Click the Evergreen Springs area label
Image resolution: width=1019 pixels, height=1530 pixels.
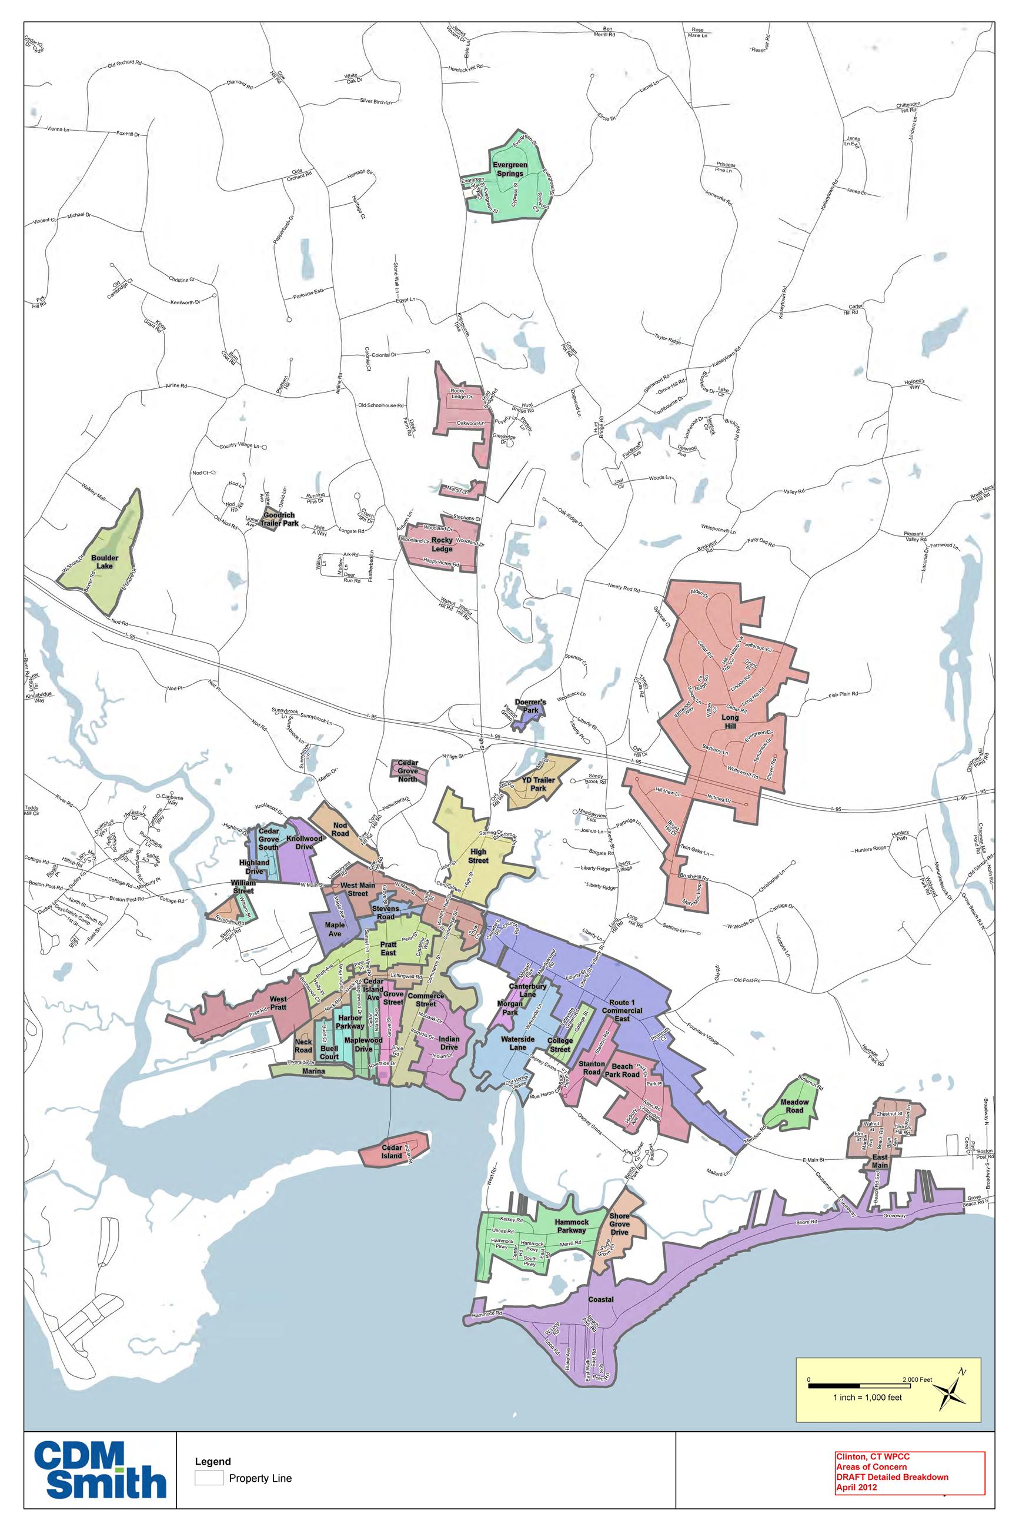(509, 169)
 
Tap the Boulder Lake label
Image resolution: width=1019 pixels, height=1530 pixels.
(105, 562)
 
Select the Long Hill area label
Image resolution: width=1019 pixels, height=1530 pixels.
(730, 722)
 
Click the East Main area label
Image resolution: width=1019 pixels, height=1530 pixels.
(880, 1161)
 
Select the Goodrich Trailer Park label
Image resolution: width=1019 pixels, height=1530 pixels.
(280, 519)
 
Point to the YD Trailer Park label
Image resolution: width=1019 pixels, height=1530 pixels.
(538, 783)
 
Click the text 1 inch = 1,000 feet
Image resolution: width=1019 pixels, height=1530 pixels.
(867, 1398)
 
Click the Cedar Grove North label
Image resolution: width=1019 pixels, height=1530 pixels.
(407, 770)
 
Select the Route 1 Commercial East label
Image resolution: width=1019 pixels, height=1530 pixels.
(622, 1010)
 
